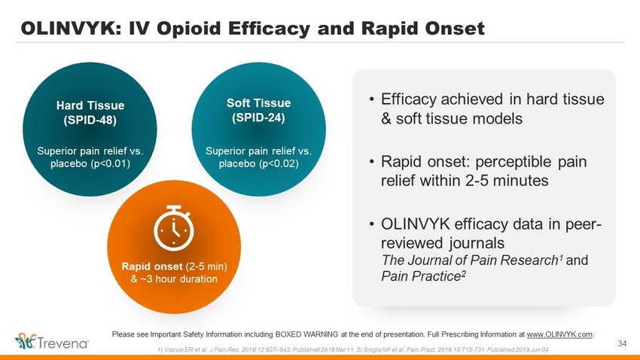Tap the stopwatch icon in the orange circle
pos(173,227)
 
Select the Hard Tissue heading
pos(90,105)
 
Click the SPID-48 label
pos(90,121)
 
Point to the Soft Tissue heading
pos(259,103)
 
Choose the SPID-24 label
pos(259,118)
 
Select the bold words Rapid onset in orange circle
pos(152,267)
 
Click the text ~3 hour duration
pos(178,279)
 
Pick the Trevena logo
pos(52,342)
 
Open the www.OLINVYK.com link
pos(559,334)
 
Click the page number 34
pos(622,343)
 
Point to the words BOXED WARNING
pos(306,334)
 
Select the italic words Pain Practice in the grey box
pos(421,276)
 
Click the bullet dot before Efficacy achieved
pos(371,100)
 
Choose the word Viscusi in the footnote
pos(173,349)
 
